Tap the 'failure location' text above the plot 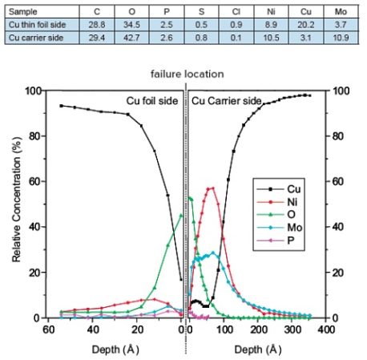tap(187, 74)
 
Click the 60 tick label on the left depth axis tap(49, 330)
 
